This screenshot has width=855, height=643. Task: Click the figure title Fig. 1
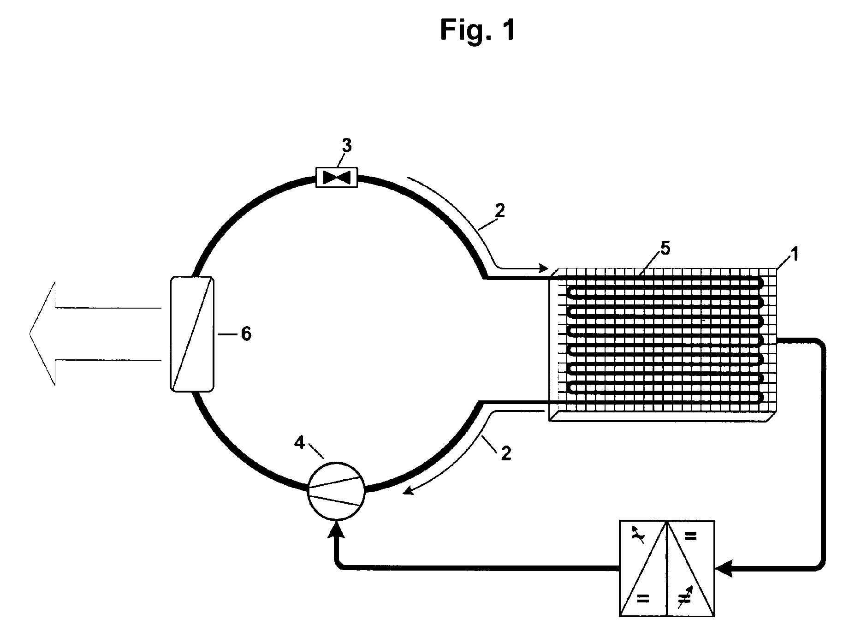point(477,30)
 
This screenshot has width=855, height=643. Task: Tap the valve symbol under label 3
point(337,177)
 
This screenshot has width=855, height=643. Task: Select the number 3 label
point(346,146)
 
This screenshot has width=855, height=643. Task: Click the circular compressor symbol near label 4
point(336,490)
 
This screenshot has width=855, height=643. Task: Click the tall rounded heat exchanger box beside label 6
point(192,334)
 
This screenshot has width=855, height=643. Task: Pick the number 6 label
point(246,333)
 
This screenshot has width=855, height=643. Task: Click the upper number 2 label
point(500,211)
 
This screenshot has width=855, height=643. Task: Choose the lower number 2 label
point(506,453)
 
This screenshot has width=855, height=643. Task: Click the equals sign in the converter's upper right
point(690,537)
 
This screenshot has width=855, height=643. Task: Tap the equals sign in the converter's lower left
point(642,599)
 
